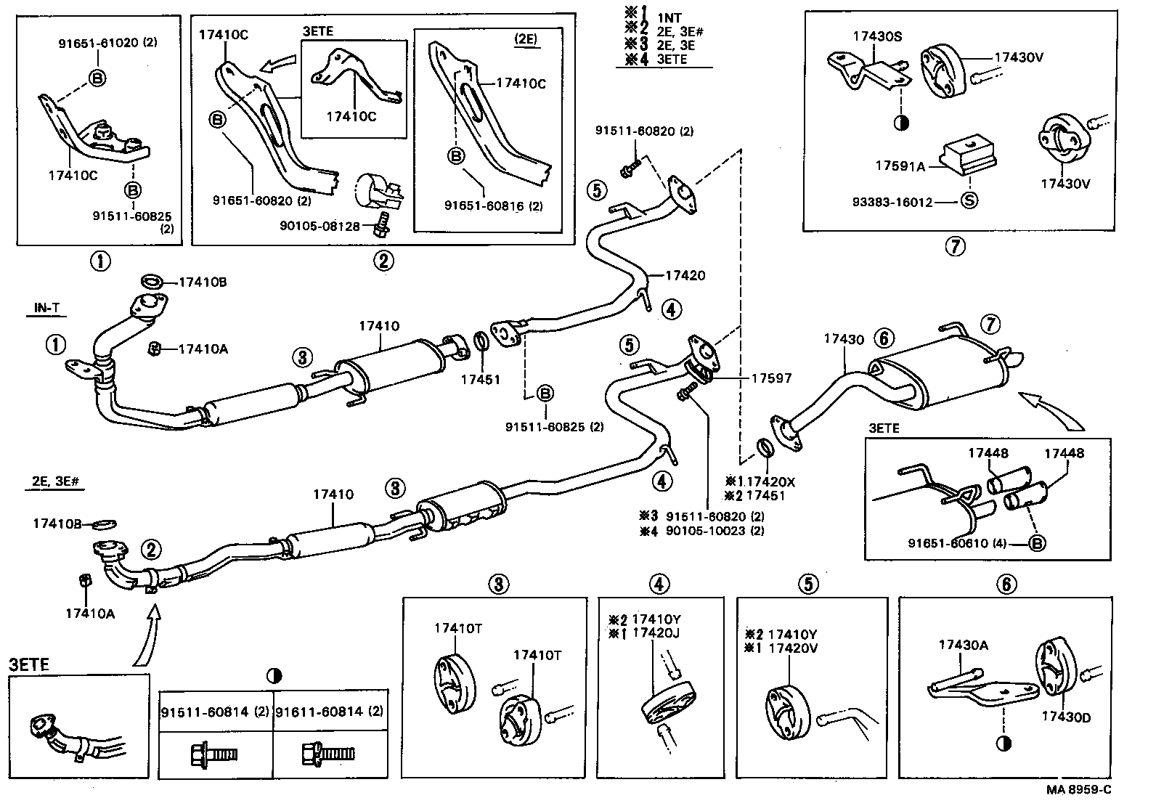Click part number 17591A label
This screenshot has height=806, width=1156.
pyautogui.click(x=900, y=166)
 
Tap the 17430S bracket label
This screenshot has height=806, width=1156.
pyautogui.click(x=877, y=36)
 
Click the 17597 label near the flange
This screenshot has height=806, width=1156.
pyautogui.click(x=771, y=378)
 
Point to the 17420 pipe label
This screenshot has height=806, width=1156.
pyautogui.click(x=685, y=275)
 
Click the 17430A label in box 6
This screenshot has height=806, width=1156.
pyautogui.click(x=963, y=644)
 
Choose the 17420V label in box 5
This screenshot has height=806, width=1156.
pyautogui.click(x=793, y=648)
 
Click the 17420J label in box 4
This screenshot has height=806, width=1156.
pyautogui.click(x=656, y=632)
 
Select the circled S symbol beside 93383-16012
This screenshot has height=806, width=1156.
pyautogui.click(x=969, y=202)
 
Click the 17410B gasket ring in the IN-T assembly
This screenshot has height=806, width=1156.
pyautogui.click(x=152, y=282)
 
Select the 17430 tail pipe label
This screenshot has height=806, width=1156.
pyautogui.click(x=844, y=338)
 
